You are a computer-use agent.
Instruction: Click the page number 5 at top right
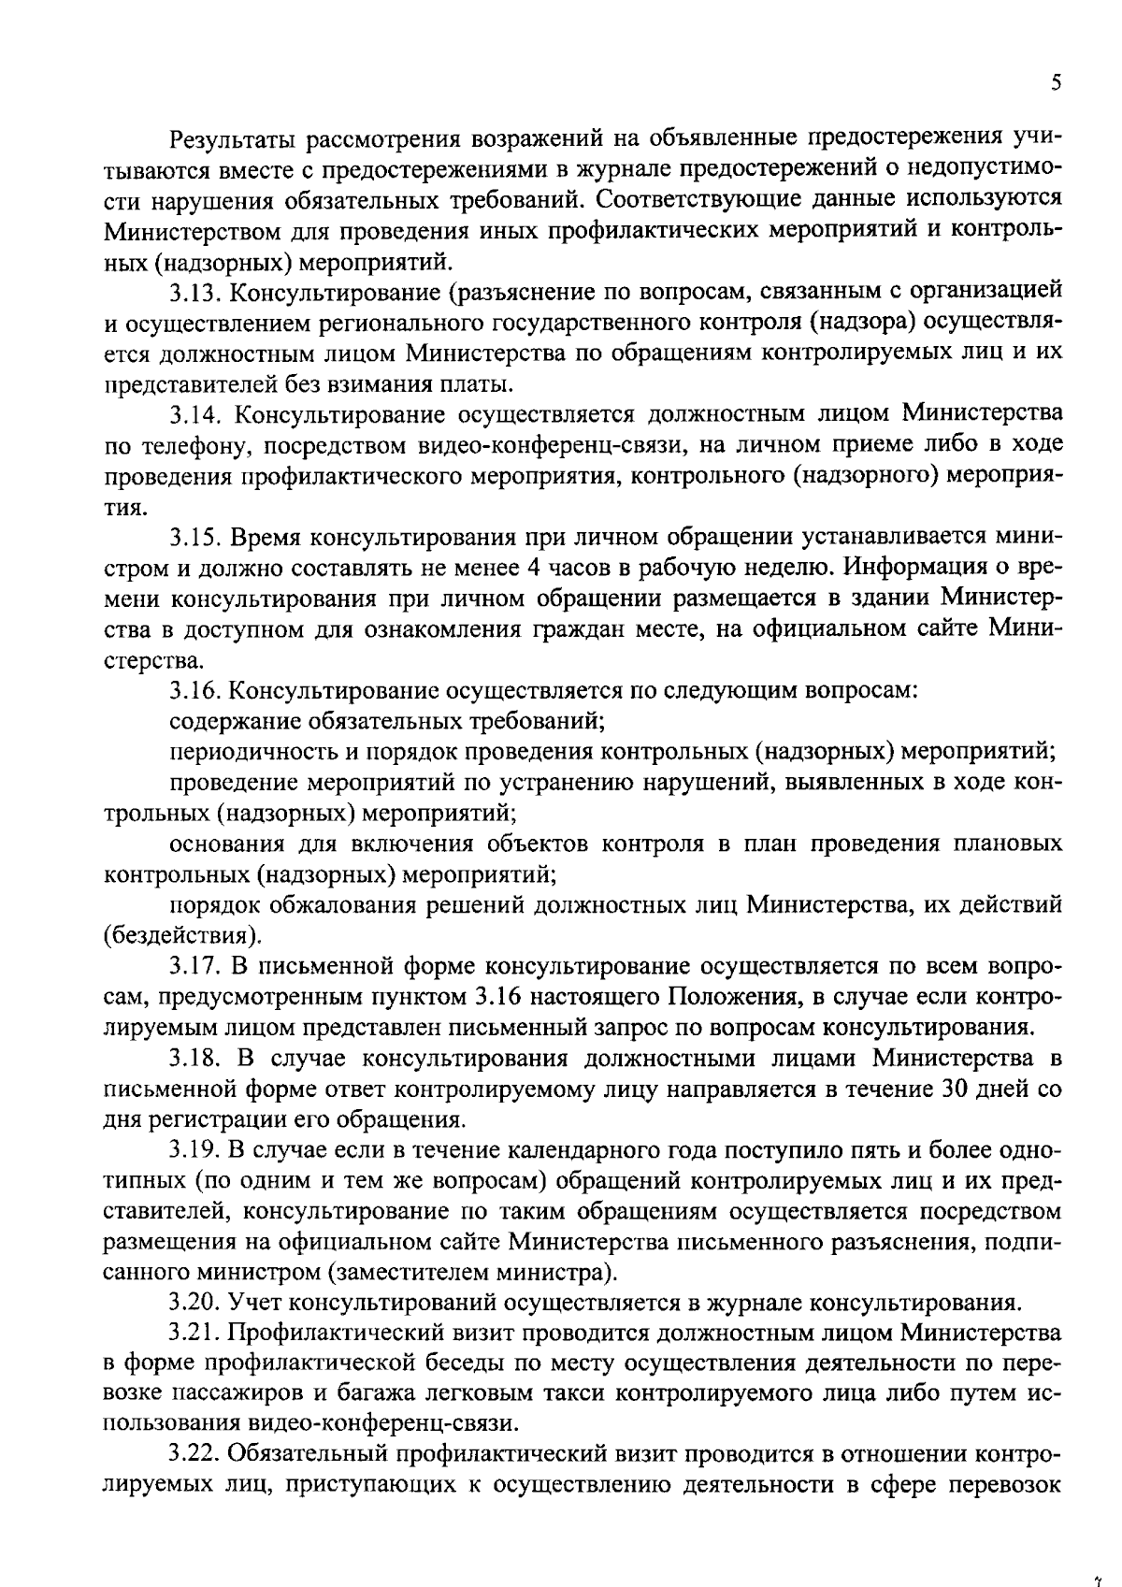(x=1056, y=83)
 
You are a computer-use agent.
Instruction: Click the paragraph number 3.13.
(x=195, y=293)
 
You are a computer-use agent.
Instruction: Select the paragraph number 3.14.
(x=195, y=413)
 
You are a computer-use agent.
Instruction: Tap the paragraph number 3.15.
(x=195, y=538)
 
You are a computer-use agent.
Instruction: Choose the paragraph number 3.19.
(x=195, y=1149)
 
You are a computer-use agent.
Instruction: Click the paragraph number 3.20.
(x=195, y=1302)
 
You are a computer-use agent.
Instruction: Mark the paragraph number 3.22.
(x=195, y=1454)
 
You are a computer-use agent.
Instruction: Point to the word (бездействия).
(x=183, y=934)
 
